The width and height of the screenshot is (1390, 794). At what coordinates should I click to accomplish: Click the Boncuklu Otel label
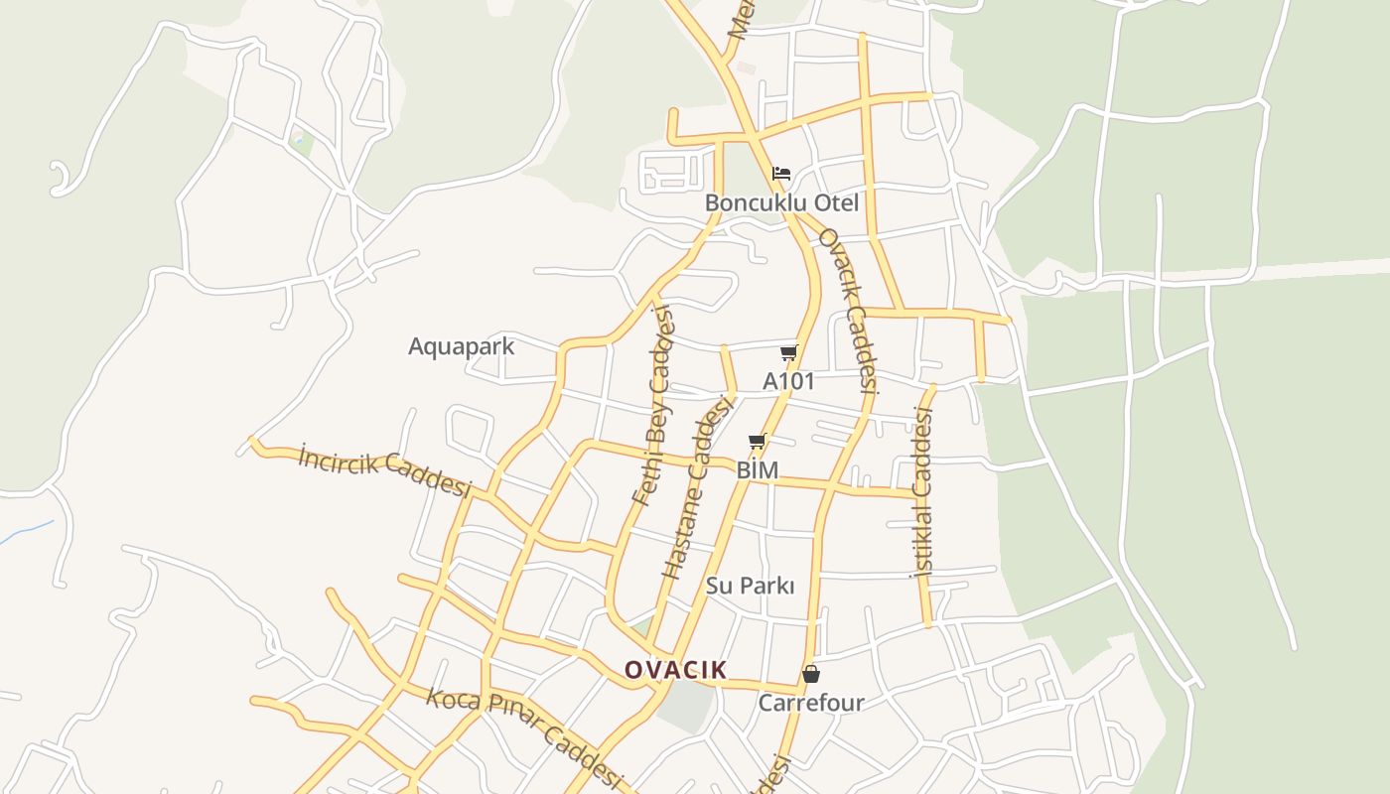click(x=781, y=203)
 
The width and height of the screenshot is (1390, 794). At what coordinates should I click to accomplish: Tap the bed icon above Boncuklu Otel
click(x=781, y=174)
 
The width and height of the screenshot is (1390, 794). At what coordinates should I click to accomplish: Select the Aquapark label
click(x=462, y=346)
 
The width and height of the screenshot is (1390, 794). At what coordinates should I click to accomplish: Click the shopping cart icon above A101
click(x=789, y=352)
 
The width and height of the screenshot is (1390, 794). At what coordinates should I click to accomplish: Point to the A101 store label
click(x=788, y=381)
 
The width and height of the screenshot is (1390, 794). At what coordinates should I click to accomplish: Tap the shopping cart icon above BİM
click(x=758, y=441)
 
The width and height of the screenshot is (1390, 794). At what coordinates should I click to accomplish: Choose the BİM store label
click(x=758, y=469)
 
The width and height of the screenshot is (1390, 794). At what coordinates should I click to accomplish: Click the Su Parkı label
click(x=750, y=586)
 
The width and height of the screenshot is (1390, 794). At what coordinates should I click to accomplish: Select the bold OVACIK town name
click(x=675, y=670)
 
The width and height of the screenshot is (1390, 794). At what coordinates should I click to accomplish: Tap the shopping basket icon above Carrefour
click(x=811, y=674)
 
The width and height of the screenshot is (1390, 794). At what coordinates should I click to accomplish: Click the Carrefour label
click(x=811, y=703)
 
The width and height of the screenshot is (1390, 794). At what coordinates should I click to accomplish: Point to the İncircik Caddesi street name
click(x=384, y=471)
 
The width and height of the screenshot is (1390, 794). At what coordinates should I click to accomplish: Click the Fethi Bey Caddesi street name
click(x=653, y=407)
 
